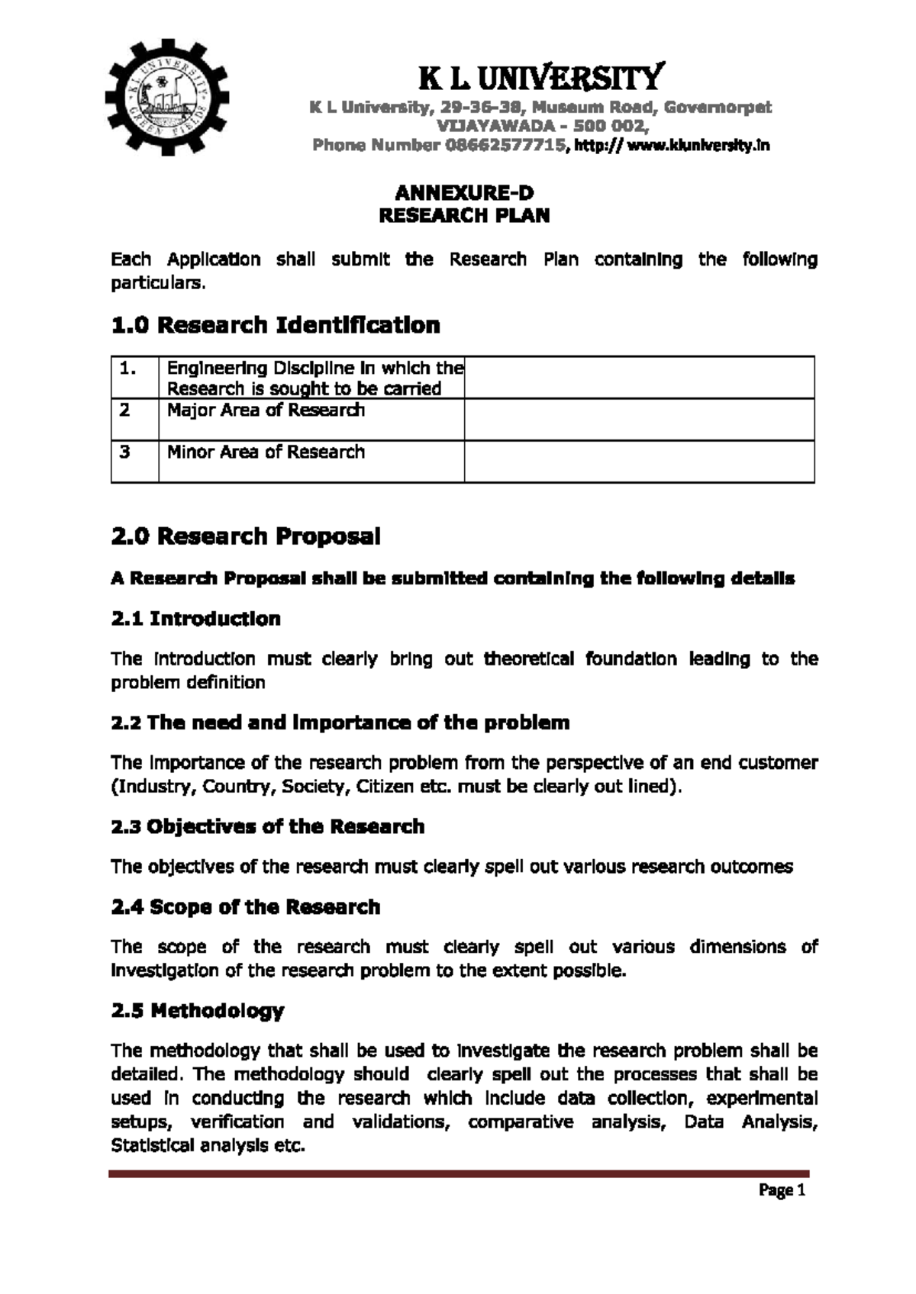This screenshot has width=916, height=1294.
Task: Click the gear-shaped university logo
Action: click(166, 97)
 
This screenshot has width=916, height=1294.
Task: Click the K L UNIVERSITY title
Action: click(541, 77)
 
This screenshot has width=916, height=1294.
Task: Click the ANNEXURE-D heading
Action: click(464, 194)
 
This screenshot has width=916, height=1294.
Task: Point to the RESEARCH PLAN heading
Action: click(464, 216)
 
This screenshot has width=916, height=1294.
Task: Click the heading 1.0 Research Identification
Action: click(276, 326)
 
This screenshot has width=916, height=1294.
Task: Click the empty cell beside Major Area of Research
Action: click(639, 420)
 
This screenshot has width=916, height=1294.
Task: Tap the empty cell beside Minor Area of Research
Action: click(639, 462)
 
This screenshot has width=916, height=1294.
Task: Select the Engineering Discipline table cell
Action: click(314, 378)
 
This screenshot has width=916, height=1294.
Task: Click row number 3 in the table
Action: click(125, 452)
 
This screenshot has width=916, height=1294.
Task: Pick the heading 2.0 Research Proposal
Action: click(245, 536)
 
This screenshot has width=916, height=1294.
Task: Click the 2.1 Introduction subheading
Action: click(195, 619)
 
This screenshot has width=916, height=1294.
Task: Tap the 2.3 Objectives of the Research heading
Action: click(267, 827)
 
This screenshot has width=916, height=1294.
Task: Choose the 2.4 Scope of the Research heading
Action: click(245, 907)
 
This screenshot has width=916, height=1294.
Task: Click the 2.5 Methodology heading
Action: click(197, 1012)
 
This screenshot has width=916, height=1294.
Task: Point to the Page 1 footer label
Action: click(782, 1190)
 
